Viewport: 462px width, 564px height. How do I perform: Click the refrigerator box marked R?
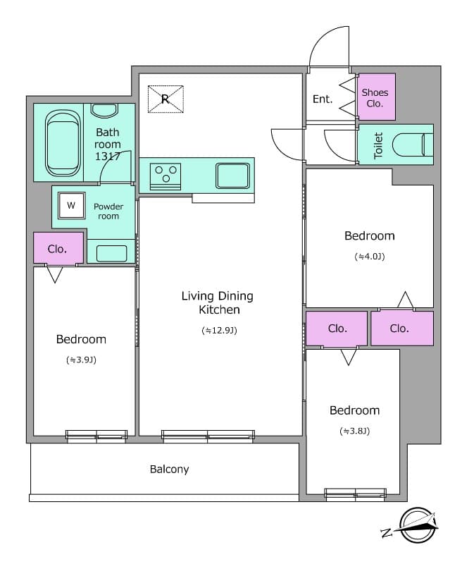[165, 99]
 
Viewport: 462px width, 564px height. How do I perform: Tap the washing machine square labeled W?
[71, 206]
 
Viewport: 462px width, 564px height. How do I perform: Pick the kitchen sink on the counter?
[233, 175]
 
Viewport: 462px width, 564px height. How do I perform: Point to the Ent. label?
[323, 99]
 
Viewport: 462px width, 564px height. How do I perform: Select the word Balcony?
[169, 469]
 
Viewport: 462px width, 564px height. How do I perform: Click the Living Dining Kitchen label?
[217, 302]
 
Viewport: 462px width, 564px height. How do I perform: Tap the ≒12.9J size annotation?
[218, 329]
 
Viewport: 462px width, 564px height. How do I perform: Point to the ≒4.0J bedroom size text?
[369, 257]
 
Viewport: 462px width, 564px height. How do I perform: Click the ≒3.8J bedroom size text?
[354, 431]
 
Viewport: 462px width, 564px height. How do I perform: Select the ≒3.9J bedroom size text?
[81, 360]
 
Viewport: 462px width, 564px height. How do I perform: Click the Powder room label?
[108, 211]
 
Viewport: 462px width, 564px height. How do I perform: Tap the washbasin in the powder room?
[111, 252]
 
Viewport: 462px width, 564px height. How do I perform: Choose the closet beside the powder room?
[58, 248]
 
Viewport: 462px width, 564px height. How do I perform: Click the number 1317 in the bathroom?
[108, 157]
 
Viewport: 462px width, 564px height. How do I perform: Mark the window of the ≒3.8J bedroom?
[355, 493]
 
